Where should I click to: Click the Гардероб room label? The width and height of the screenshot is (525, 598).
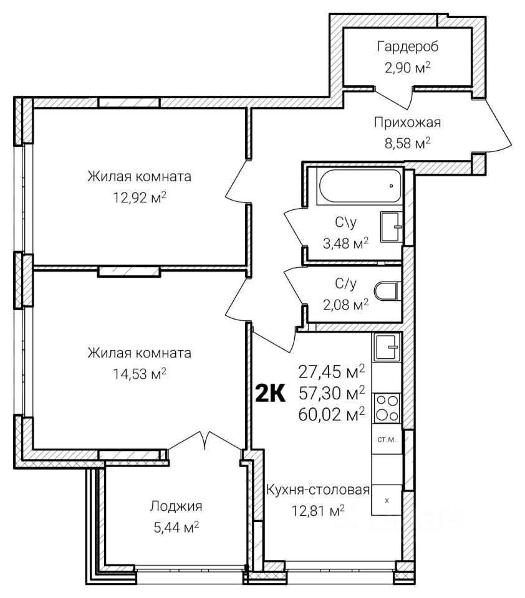pos(407,47)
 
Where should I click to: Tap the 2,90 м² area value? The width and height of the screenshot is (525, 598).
pos(407,67)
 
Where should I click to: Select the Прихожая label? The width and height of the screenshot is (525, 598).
pos(407,123)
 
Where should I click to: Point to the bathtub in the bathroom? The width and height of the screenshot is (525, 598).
pos(360,186)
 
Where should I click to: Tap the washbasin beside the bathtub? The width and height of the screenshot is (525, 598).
pos(391,227)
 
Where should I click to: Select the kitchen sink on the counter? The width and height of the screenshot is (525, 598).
pos(387,347)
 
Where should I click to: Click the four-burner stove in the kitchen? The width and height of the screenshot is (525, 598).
pos(387,408)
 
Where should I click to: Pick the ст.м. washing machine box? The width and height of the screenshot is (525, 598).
pos(387,439)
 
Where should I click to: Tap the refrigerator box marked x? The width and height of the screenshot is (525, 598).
pos(387,500)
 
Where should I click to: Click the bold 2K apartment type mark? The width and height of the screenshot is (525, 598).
pos(271,394)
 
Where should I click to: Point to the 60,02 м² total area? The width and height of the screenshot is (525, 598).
pos(332,414)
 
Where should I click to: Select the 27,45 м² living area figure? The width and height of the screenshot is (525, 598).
pos(332,371)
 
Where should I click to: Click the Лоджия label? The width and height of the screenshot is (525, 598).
pos(176,506)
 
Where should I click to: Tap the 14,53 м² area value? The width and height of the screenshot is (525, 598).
pos(140,374)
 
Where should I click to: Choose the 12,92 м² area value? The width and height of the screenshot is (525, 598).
pos(140,197)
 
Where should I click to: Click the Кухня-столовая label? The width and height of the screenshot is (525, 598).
pos(317,490)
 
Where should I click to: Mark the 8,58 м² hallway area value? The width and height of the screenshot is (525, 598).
pos(407,143)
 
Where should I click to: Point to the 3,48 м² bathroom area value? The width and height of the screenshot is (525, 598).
pos(345,243)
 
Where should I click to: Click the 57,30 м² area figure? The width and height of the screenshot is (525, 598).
pos(332,392)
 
